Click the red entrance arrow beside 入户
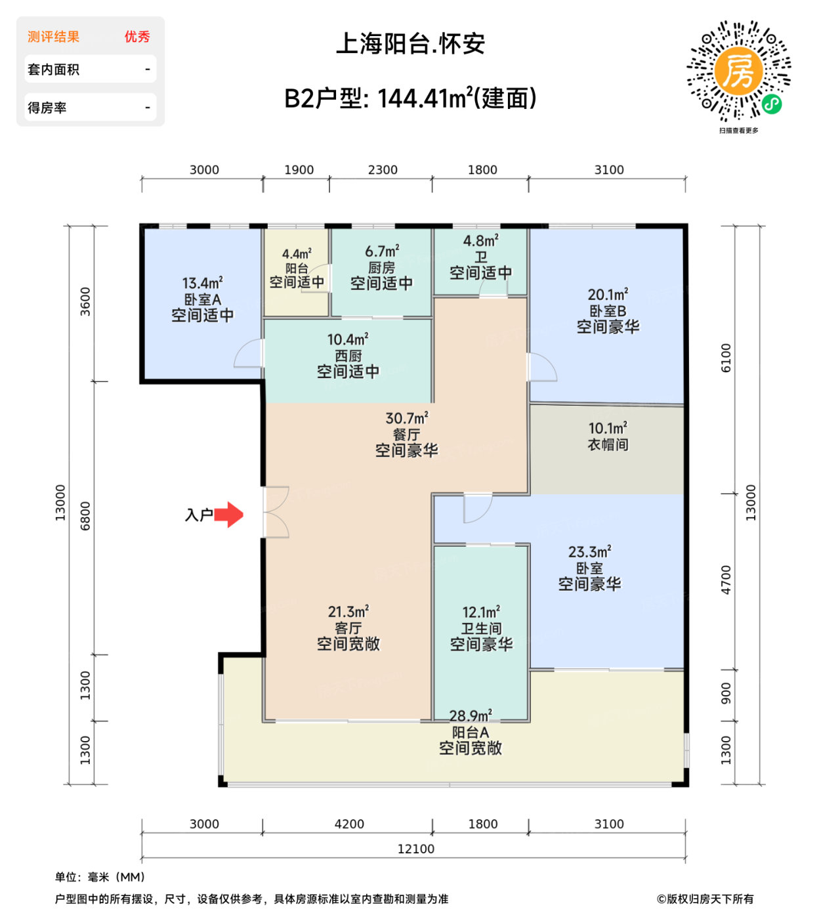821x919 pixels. [x=229, y=515]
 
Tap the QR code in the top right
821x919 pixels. [x=738, y=71]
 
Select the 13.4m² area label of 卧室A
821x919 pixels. [x=202, y=284]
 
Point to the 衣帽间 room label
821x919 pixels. [x=608, y=444]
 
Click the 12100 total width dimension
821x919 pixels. [x=415, y=849]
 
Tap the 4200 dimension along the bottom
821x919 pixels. [x=349, y=824]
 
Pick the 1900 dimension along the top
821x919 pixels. [x=299, y=170]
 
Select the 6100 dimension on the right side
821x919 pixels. [x=726, y=358]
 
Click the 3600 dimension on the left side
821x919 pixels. [x=85, y=301]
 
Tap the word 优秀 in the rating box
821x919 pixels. [x=137, y=37]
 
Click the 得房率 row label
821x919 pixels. [x=47, y=108]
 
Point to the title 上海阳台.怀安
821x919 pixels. [x=410, y=44]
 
